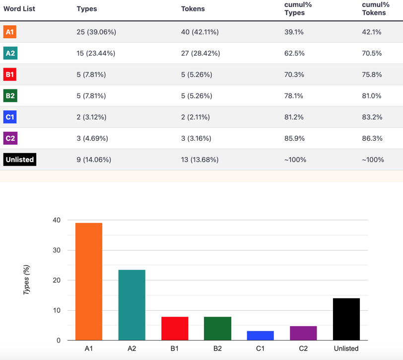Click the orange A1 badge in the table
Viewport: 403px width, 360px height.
click(10, 32)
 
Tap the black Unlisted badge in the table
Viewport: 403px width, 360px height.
click(20, 160)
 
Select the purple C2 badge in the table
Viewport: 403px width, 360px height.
click(10, 138)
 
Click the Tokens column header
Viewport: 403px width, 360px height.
click(193, 9)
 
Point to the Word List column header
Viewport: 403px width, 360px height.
click(19, 9)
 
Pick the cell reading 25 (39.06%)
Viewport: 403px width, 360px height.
click(96, 32)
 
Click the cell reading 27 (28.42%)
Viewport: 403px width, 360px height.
click(201, 53)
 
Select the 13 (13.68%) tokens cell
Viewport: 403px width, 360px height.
click(200, 160)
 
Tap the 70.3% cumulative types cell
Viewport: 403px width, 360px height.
click(294, 75)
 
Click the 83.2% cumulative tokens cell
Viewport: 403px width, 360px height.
click(372, 117)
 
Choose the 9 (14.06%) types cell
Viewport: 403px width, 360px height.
click(94, 160)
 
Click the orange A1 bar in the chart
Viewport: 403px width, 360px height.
click(89, 281)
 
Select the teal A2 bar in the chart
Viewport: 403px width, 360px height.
click(132, 305)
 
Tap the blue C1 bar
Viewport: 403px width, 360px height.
click(261, 336)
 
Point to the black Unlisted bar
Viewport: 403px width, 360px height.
click(346, 319)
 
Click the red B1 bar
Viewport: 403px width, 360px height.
click(175, 328)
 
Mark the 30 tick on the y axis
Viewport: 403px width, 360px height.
click(57, 250)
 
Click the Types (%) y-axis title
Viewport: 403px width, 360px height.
click(26, 279)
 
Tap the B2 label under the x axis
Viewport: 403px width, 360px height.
click(217, 349)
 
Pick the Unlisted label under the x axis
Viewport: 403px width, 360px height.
click(346, 349)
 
